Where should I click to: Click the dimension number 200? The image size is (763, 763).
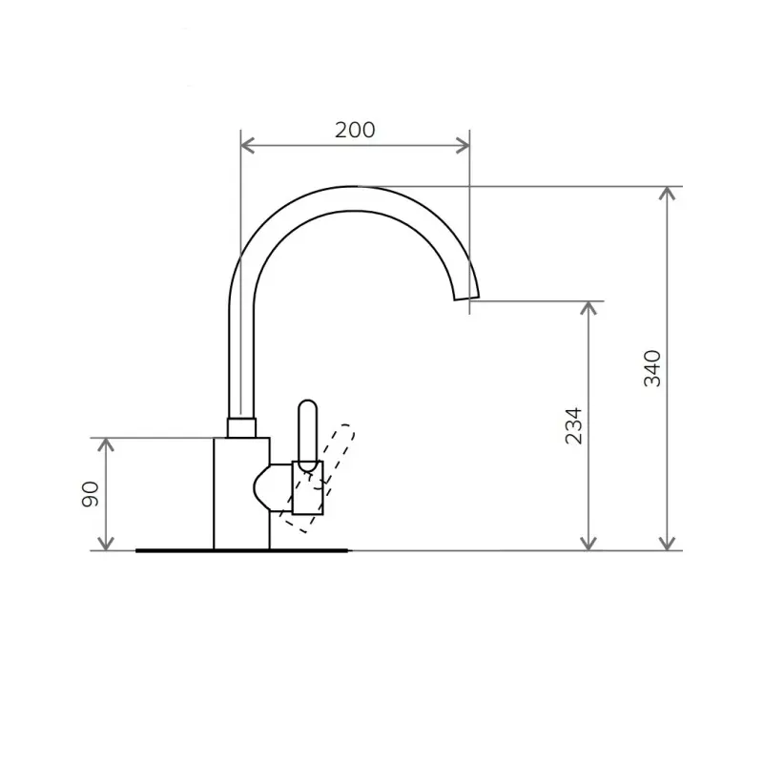point(355,130)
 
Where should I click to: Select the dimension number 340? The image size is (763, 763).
point(652,368)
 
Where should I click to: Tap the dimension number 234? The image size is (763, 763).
point(573,425)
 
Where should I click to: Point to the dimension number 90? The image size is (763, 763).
point(90,494)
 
